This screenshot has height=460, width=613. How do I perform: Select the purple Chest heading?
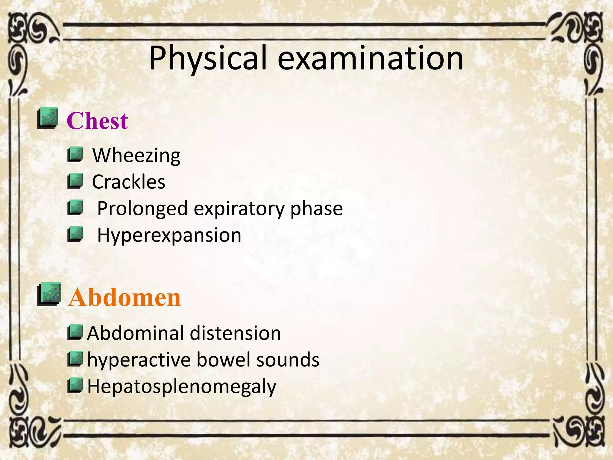[97, 121]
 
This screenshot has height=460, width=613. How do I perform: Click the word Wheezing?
[136, 155]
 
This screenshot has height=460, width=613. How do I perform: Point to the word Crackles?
[128, 182]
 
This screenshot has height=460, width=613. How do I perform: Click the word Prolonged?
[142, 209]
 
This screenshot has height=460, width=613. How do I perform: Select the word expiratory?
[239, 209]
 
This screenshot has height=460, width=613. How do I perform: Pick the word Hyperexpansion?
[169, 235]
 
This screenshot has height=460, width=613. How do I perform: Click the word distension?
[235, 333]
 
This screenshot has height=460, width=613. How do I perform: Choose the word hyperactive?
[139, 360]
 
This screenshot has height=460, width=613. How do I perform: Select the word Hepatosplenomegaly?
[182, 387]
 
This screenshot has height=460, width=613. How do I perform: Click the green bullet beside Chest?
[47, 118]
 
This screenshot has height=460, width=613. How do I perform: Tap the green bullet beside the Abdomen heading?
[48, 294]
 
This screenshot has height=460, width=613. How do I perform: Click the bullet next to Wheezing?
[75, 155]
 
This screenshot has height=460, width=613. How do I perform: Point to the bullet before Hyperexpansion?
[75, 234]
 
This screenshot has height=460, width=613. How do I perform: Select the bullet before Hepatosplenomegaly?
[75, 385]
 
